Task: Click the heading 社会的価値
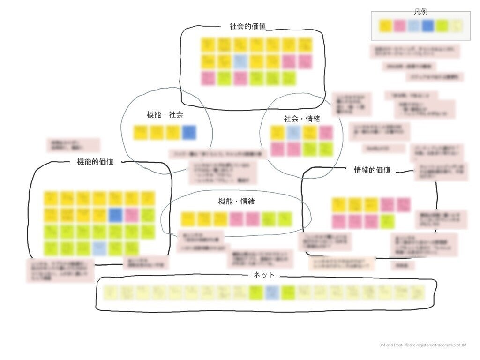pyautogui.click(x=247, y=27)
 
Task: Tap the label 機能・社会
pyautogui.click(x=165, y=114)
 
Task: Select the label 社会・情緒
pyautogui.click(x=302, y=119)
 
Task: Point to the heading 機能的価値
pyautogui.click(x=95, y=162)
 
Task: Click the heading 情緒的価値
pyautogui.click(x=372, y=170)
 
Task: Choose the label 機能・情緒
pyautogui.click(x=236, y=202)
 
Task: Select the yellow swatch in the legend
pyautogui.click(x=386, y=26)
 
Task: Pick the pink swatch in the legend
pyautogui.click(x=399, y=26)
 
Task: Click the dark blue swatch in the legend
pyautogui.click(x=427, y=26)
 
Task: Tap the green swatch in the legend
pyautogui.click(x=441, y=26)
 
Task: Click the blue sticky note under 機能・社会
pyautogui.click(x=189, y=133)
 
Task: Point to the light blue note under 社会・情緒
pyautogui.click(x=293, y=133)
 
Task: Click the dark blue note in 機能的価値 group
pyautogui.click(x=115, y=215)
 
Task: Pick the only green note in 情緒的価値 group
pyautogui.click(x=387, y=221)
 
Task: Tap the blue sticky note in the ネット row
pyautogui.click(x=271, y=292)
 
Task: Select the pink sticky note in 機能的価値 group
pyautogui.click(x=132, y=215)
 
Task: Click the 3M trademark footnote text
pyautogui.click(x=423, y=345)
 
